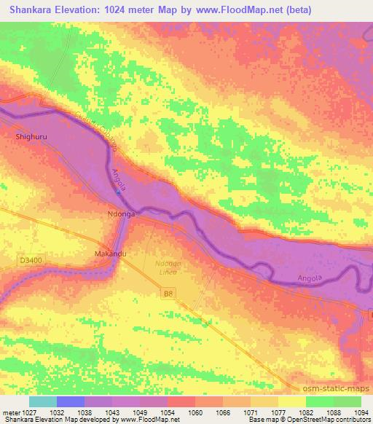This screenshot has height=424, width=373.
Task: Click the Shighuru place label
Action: (31, 136)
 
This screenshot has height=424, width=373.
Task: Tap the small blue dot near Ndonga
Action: (118, 193)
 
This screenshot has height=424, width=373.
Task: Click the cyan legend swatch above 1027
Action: (43, 401)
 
